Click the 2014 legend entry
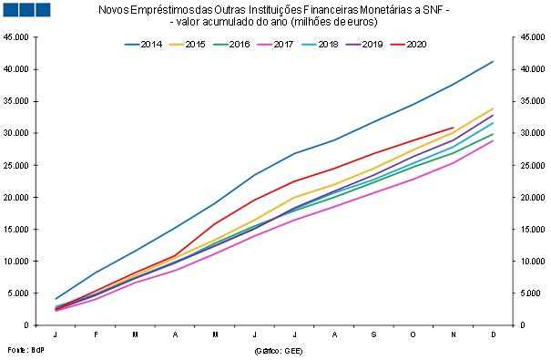[143, 45]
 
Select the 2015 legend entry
[187, 45]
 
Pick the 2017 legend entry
[275, 45]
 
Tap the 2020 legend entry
[408, 45]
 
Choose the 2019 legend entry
[364, 45]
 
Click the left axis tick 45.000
[15, 37]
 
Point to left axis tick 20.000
[15, 197]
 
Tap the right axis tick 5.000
[531, 293]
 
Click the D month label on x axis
[494, 334]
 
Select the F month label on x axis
[96, 334]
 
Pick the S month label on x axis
[374, 334]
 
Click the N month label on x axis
[454, 334]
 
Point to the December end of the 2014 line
[493, 62]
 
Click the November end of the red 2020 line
[454, 128]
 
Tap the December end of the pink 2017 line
[493, 140]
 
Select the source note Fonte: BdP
[26, 350]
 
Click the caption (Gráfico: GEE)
[279, 351]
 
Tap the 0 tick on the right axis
[523, 325]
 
